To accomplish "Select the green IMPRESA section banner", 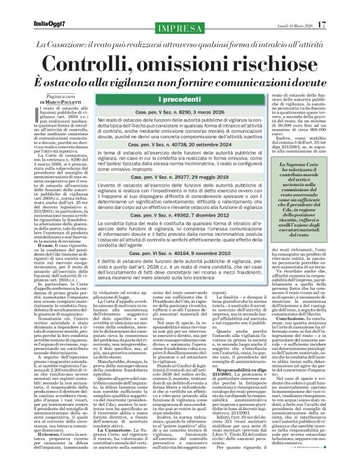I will point(180,29).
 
